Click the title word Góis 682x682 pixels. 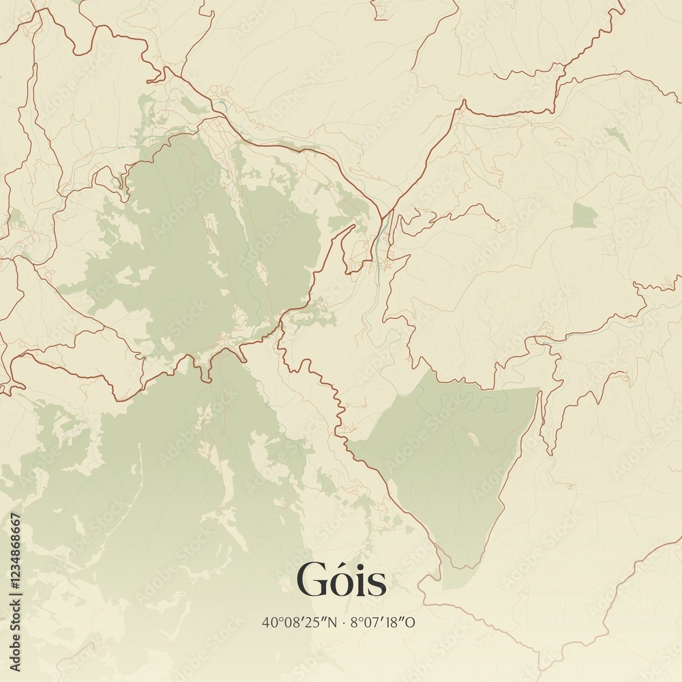pos(341,581)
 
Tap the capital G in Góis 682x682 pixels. pos(311,581)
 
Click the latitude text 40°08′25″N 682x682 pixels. pos(299,622)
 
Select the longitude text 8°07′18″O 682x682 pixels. pos(383,622)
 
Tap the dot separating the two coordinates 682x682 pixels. pos(344,623)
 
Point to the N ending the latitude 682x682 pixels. pos(333,622)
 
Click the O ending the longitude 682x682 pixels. pos(411,622)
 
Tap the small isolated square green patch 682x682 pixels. pos(583,216)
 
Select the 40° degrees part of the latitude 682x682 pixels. pos(271,622)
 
